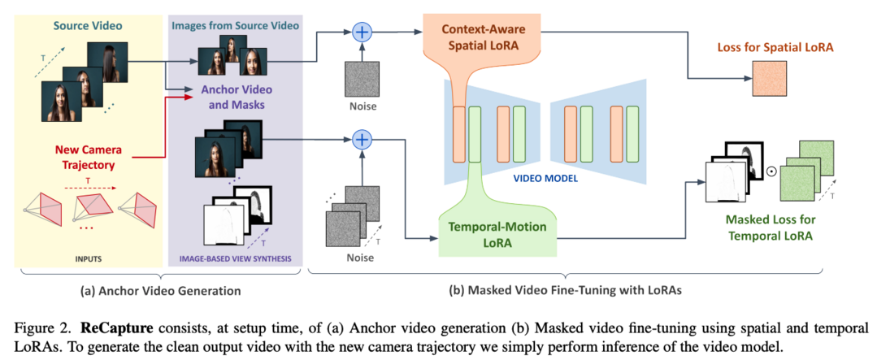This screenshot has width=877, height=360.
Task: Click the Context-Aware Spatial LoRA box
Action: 480,37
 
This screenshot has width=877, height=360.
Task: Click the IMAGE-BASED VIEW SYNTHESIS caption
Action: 236,258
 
